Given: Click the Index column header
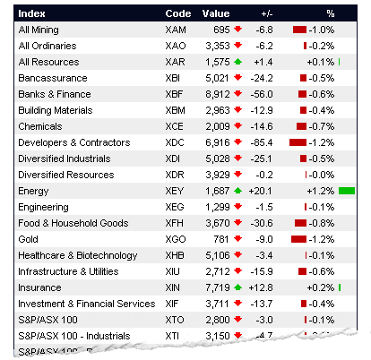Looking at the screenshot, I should [x=33, y=13].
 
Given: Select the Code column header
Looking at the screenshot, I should [x=177, y=13].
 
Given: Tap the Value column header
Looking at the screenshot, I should [x=216, y=13].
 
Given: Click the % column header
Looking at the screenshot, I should [x=330, y=13].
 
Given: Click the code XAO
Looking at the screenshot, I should [x=176, y=46].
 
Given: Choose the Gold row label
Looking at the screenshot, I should [x=29, y=239].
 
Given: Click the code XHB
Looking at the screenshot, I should [x=176, y=255].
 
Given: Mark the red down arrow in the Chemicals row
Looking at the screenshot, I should [x=237, y=126].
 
